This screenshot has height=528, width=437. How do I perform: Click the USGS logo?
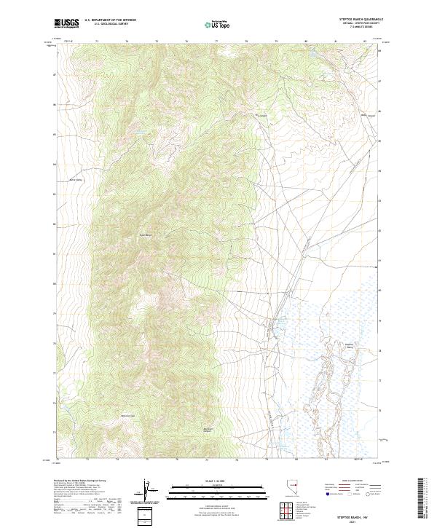[x=66, y=23]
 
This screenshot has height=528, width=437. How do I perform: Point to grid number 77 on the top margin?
[x=216, y=40]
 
